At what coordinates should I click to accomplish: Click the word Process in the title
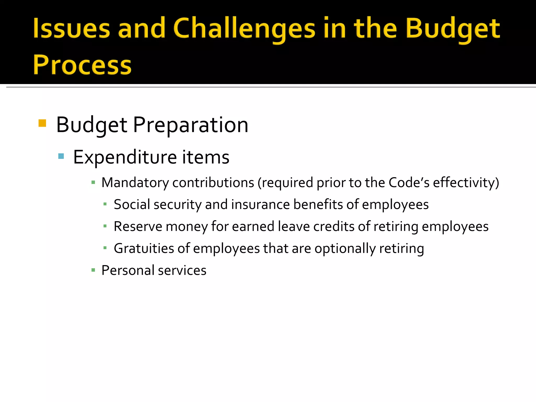click(x=82, y=65)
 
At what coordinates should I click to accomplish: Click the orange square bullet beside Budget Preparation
click(x=42, y=123)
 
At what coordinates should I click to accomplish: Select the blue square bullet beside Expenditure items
click(x=61, y=157)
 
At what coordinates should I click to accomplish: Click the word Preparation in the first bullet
click(x=191, y=125)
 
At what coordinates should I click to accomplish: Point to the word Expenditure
click(x=125, y=157)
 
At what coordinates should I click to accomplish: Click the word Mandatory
click(x=135, y=183)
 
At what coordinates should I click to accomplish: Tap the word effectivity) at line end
click(x=466, y=183)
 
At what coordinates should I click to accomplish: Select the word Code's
click(x=409, y=183)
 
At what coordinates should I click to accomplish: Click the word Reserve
click(x=138, y=226)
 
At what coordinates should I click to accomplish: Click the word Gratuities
click(x=144, y=248)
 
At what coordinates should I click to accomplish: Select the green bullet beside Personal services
click(x=93, y=270)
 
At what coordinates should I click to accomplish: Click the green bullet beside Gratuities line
click(x=105, y=248)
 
